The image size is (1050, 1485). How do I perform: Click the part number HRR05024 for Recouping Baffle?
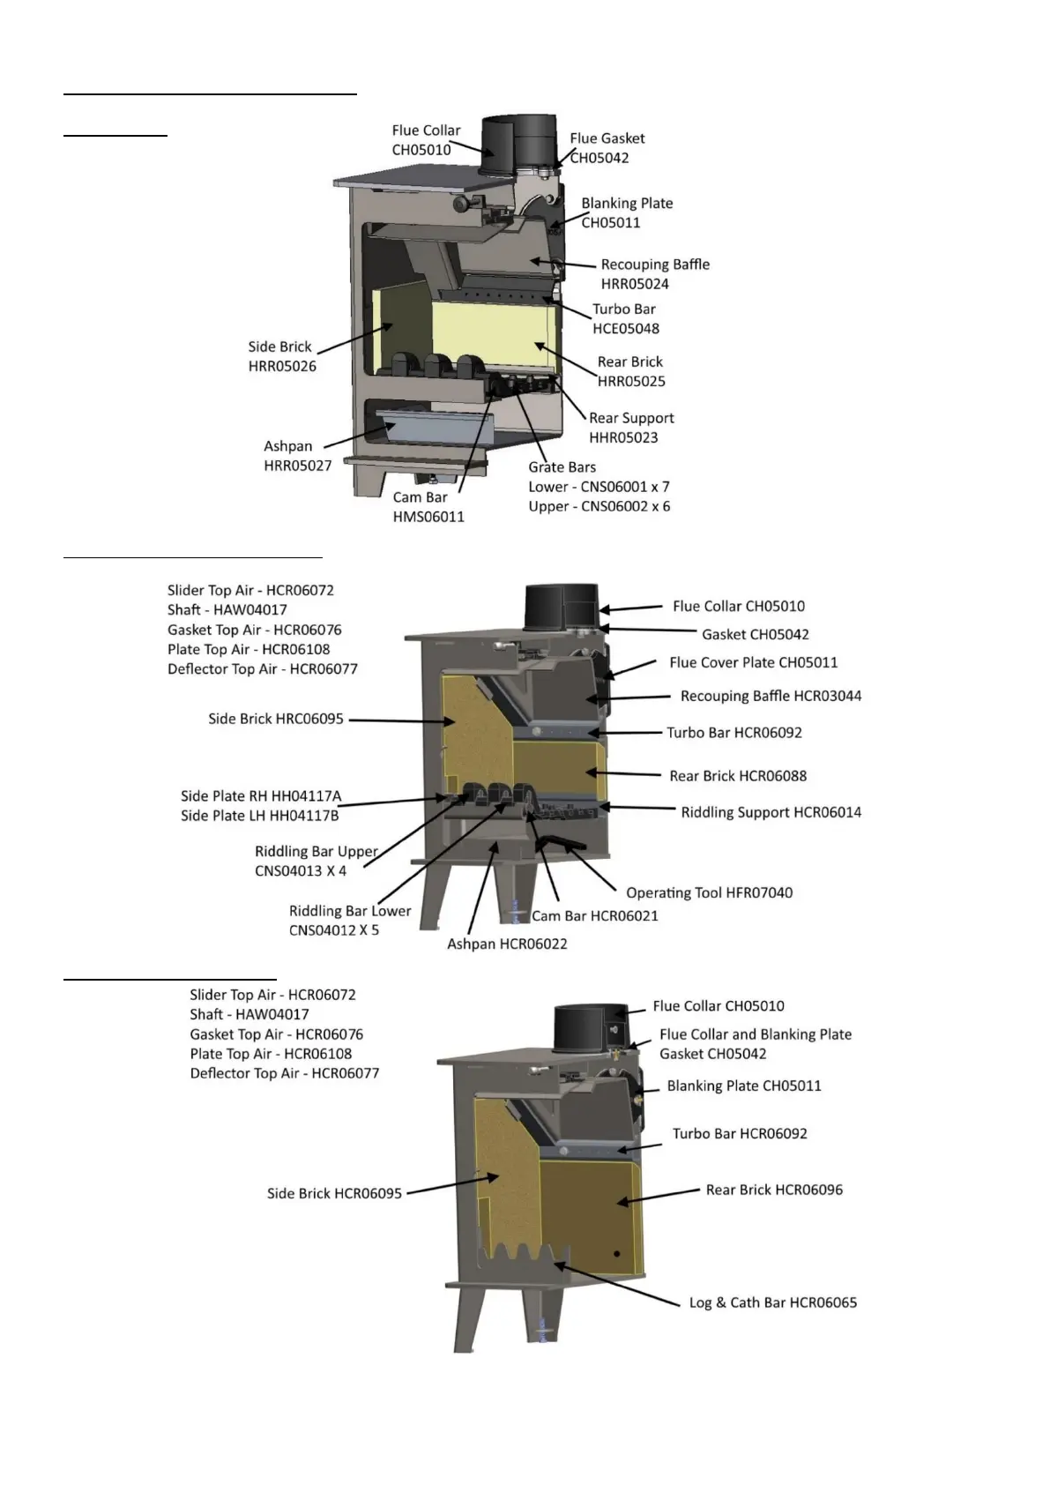point(635,284)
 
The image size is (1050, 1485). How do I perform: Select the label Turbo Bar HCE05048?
point(625,318)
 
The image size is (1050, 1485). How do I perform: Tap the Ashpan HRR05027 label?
point(297,456)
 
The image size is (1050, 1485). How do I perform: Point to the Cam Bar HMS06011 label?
point(428,507)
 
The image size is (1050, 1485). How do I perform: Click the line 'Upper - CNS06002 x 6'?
point(599,506)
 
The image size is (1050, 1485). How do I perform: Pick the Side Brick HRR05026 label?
point(281,356)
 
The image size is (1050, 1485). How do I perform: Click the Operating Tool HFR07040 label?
point(709,892)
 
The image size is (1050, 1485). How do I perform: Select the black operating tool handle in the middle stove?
point(560,843)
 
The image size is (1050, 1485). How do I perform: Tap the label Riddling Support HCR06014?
point(771,812)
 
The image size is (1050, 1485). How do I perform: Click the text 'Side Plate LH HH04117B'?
point(259,816)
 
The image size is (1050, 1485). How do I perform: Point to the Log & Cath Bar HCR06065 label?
point(772,1302)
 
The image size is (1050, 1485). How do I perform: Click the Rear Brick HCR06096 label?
point(774,1190)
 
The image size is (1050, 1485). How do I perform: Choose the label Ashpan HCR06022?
point(507,944)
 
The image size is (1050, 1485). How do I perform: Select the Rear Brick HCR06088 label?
point(738,776)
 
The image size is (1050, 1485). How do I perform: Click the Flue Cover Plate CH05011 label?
point(753,662)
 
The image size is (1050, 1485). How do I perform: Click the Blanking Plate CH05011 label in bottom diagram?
point(744,1086)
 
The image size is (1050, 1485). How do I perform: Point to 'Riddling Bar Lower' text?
point(350,911)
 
